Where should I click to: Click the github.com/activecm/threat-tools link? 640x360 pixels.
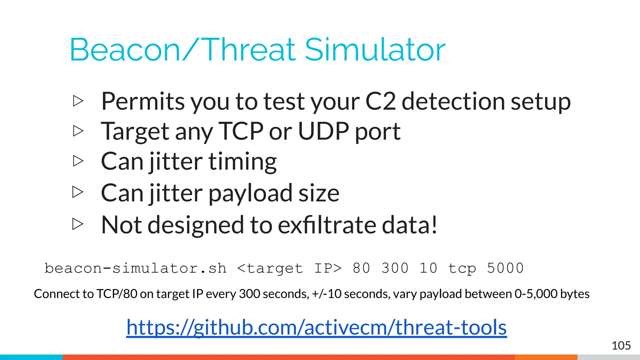point(316,327)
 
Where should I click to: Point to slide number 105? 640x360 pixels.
point(621,346)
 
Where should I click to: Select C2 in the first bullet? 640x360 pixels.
point(380,101)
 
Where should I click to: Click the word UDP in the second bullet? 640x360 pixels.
point(323,131)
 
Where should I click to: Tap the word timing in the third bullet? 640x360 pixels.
point(242,162)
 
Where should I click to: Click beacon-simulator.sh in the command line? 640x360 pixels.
point(135,268)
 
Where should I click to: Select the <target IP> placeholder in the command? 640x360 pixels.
point(289,268)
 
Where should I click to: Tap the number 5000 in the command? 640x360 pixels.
point(505,268)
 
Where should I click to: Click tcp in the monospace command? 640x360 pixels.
point(462,268)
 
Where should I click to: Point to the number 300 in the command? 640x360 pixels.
point(395,268)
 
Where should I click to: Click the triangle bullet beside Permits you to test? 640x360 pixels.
point(78,101)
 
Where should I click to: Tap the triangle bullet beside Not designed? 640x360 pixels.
point(78,224)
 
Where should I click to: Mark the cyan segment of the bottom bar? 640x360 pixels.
point(31,357)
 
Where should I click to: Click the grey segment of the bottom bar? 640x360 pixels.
point(608,357)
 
